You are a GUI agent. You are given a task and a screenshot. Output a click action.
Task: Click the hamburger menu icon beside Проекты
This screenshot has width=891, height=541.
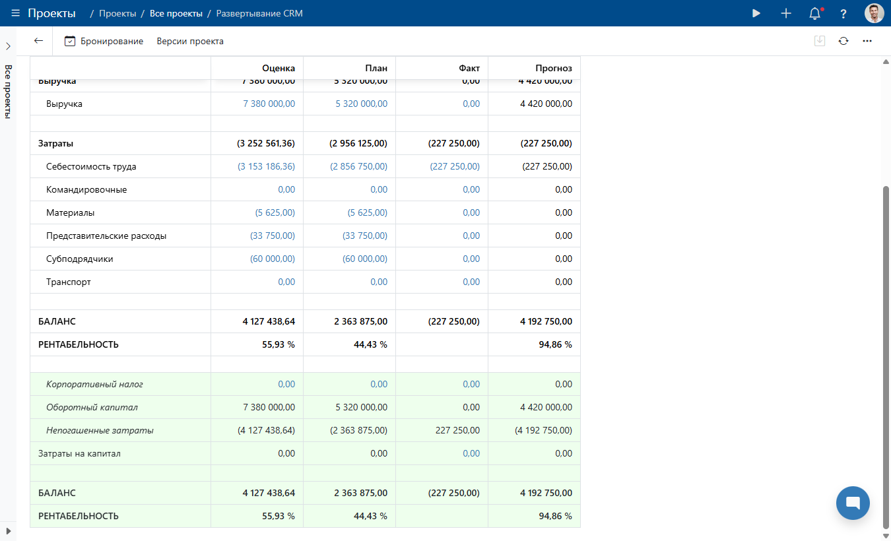click(x=15, y=13)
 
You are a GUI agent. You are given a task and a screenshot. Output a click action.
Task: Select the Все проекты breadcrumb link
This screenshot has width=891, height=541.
click(x=176, y=13)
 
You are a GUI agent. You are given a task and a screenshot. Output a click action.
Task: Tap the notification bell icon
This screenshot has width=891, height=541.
click(x=815, y=13)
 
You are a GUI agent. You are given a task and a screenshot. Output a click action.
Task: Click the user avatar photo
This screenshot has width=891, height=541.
click(x=874, y=13)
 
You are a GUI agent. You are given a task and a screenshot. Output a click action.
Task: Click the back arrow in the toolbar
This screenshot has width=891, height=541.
click(x=38, y=41)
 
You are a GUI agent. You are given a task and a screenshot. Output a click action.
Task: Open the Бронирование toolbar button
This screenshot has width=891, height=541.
click(x=104, y=41)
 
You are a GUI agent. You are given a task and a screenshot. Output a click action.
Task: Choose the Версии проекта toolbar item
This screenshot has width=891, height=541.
click(x=190, y=41)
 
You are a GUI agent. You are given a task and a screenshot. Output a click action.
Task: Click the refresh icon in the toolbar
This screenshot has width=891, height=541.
click(x=843, y=41)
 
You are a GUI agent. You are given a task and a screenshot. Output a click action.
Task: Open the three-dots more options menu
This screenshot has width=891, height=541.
click(x=867, y=41)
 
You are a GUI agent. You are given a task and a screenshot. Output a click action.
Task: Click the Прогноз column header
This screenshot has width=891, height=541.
click(x=554, y=68)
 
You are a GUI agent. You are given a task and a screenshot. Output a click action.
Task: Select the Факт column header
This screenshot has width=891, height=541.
click(x=469, y=68)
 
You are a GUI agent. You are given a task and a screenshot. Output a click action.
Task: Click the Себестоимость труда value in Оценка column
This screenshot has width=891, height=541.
click(x=267, y=166)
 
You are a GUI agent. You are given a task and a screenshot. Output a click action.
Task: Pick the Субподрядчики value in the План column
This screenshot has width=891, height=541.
click(x=365, y=259)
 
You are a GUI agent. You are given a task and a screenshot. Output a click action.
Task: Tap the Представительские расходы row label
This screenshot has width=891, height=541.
click(x=106, y=236)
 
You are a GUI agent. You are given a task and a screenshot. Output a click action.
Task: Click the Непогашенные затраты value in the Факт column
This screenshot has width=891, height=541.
click(x=457, y=430)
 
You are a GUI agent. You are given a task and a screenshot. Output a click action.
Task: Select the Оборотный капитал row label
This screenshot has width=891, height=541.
click(x=92, y=407)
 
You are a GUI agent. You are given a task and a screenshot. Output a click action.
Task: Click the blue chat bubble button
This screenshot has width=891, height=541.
click(x=852, y=503)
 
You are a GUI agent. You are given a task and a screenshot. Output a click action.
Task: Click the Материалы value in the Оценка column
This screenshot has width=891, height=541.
click(x=275, y=212)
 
